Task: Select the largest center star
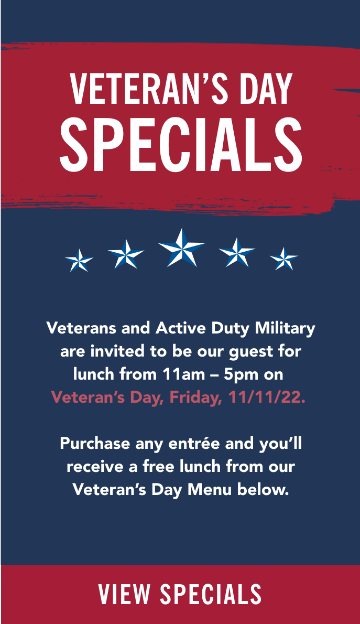[x=181, y=248]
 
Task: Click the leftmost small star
[x=79, y=261]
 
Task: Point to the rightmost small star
[x=284, y=259]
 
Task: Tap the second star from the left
[x=126, y=254]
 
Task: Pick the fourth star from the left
[x=237, y=253]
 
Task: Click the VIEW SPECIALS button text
[x=180, y=594]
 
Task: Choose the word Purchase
[x=95, y=443]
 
